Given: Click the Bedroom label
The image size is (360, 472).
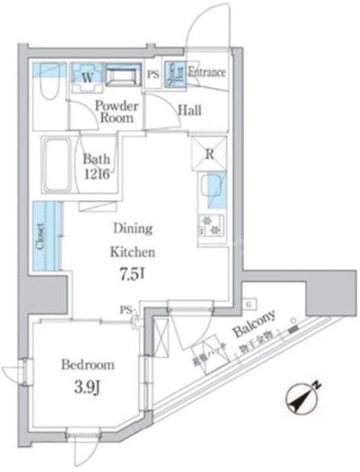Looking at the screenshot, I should tap(87, 364).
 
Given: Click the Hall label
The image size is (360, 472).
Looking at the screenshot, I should tap(189, 109).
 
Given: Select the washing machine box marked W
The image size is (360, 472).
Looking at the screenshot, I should tap(87, 77).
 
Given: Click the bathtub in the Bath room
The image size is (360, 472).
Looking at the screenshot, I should tap(55, 167).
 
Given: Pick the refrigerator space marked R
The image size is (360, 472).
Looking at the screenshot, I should tap(208, 154).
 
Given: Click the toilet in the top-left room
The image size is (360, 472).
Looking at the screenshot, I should tap(47, 84).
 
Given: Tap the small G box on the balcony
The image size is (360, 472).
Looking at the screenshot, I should tap(248, 304).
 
